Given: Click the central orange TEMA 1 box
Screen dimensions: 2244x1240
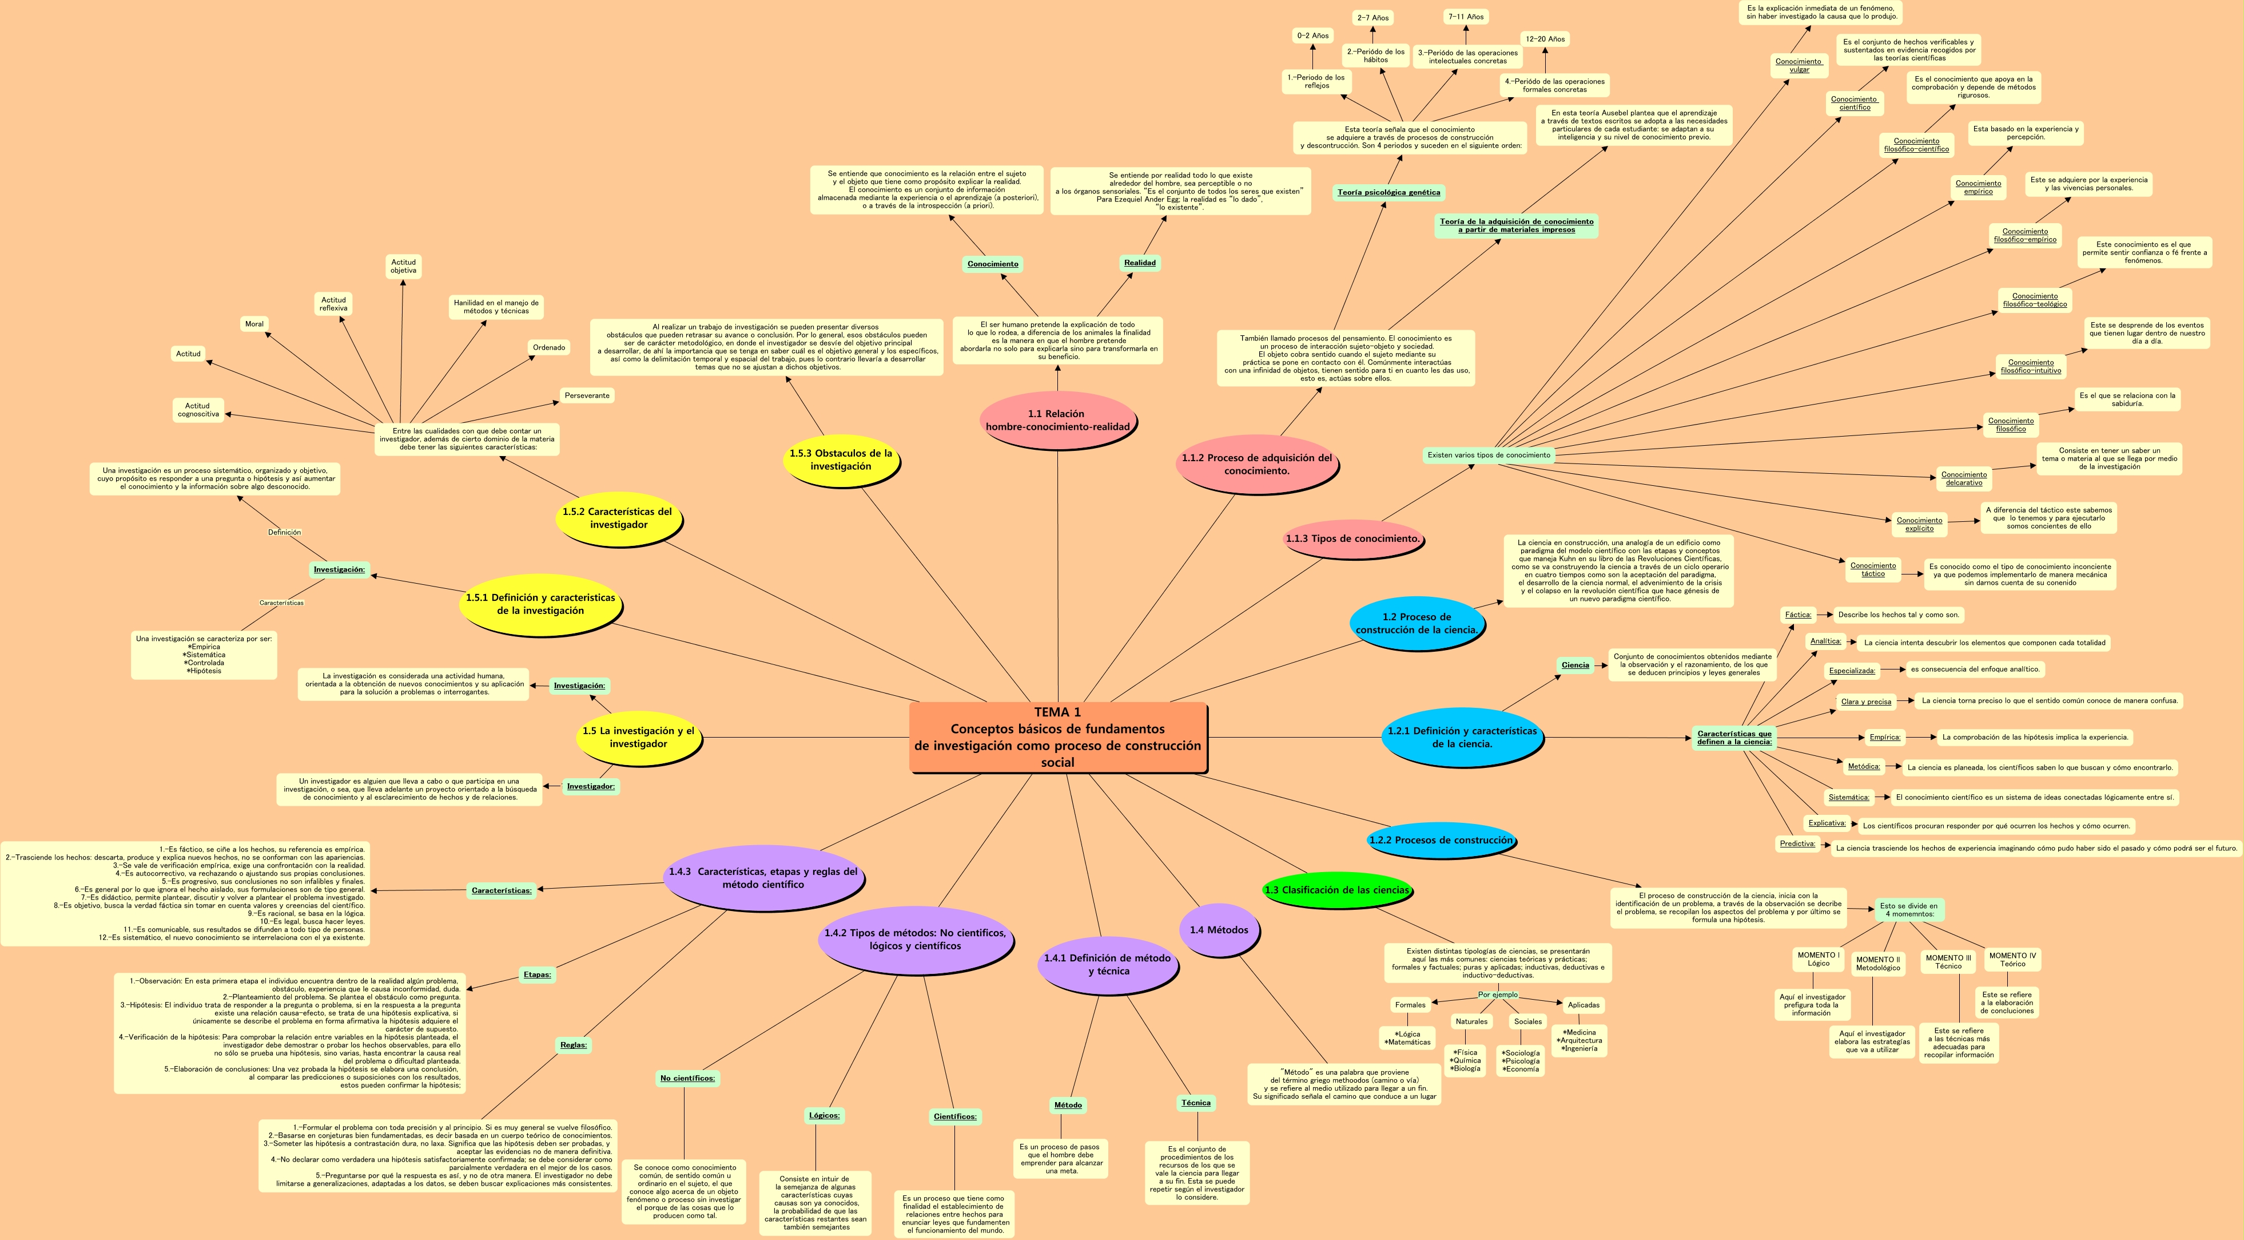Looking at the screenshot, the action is pos(1057,737).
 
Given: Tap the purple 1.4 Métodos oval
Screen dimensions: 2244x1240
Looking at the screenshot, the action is pos(1219,930).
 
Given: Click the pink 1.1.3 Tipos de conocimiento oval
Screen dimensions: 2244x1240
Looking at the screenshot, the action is pos(1352,538).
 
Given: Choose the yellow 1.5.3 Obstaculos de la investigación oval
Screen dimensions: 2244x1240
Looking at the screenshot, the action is pos(841,460).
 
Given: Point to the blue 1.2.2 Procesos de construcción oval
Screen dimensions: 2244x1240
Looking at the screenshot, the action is pos(1441,840).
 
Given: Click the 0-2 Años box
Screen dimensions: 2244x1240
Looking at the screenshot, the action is pos(1313,35).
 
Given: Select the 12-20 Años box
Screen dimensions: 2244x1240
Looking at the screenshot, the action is pos(1545,38).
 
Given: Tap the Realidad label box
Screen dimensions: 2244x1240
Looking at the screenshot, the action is pos(1139,262).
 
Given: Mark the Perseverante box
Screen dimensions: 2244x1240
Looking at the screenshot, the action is pos(587,395).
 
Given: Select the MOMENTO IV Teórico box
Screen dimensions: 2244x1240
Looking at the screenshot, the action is pos(2012,960).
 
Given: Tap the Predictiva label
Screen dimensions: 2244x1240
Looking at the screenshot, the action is pos(1797,843).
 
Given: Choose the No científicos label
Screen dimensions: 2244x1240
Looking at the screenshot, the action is pos(687,1078).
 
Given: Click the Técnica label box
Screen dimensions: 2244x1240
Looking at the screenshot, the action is pos(1195,1102).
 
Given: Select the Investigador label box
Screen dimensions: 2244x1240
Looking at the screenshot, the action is pos(591,786).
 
